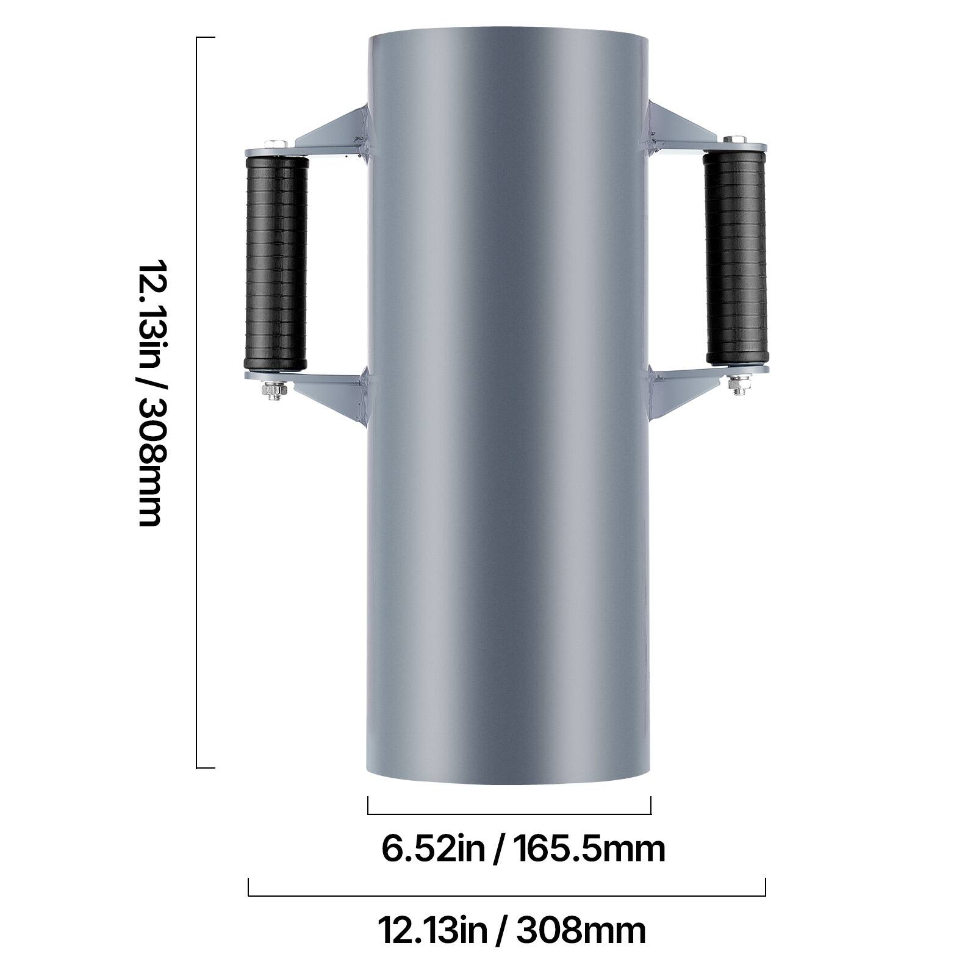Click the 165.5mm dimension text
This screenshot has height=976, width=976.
[x=588, y=849]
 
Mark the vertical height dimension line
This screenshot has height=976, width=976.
[x=197, y=403]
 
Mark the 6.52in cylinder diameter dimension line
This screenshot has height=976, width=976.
[x=509, y=814]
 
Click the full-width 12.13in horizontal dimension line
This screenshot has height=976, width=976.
[x=506, y=895]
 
